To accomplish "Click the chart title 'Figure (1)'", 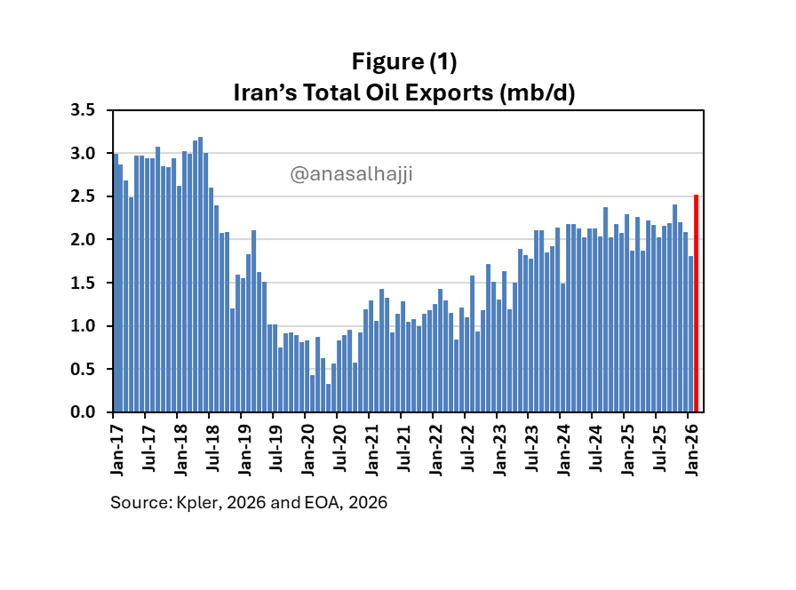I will pos(404,62).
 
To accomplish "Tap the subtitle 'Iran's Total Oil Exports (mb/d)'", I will pos(404,92).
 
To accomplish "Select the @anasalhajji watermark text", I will pos(352,174).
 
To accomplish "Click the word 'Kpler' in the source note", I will pos(192,503).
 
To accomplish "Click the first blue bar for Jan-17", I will pos(115,284).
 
